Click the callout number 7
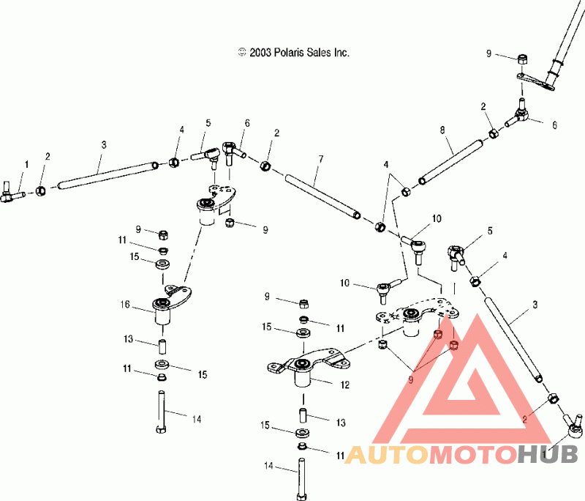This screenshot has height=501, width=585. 320,160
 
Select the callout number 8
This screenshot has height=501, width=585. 442,130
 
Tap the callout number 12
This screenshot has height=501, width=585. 344,385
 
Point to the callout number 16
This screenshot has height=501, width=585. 125,305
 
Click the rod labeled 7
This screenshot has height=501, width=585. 323,197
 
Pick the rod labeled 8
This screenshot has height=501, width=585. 450,162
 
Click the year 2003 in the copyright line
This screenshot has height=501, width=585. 260,53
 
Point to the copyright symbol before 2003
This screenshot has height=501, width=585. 242,52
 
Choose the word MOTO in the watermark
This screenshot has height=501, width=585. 474,454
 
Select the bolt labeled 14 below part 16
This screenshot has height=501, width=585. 161,412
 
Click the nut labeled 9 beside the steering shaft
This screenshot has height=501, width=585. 522,59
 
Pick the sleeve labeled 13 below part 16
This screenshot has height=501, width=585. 162,346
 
